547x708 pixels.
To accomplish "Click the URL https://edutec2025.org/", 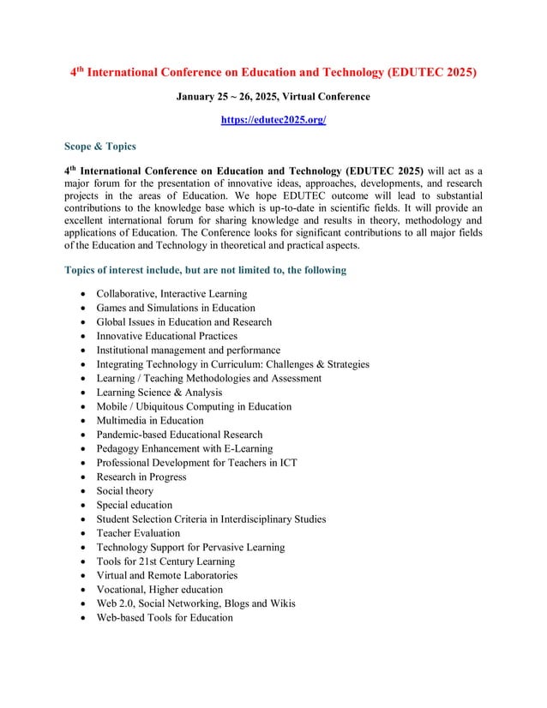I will [273, 121].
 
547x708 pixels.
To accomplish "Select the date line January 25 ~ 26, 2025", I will [273, 97].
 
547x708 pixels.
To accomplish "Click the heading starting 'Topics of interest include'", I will [205, 270].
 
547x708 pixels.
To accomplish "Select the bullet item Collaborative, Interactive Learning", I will [171, 294].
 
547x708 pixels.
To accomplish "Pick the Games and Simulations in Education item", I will [175, 308].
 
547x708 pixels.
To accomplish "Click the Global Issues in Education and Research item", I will [183, 322].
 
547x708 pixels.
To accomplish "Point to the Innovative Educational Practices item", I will [166, 336].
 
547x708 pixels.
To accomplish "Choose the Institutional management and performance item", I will [188, 351].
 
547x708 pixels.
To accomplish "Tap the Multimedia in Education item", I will [150, 421].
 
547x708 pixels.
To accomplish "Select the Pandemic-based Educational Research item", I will [179, 435].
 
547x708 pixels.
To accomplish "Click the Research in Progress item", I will [141, 477].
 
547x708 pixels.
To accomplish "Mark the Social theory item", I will [124, 491].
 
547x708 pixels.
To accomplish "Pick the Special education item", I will [134, 505].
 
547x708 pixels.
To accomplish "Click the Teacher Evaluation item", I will [138, 533].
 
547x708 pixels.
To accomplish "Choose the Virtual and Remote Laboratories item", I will [166, 575].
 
